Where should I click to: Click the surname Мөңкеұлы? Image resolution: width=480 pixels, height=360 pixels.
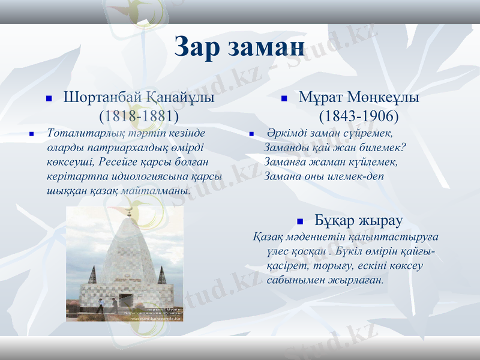pos(385,97)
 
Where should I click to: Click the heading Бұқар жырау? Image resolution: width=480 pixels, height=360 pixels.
pos(359,220)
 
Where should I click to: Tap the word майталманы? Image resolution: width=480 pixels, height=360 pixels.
pos(155,191)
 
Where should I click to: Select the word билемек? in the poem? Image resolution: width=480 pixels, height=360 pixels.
pos(383,148)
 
